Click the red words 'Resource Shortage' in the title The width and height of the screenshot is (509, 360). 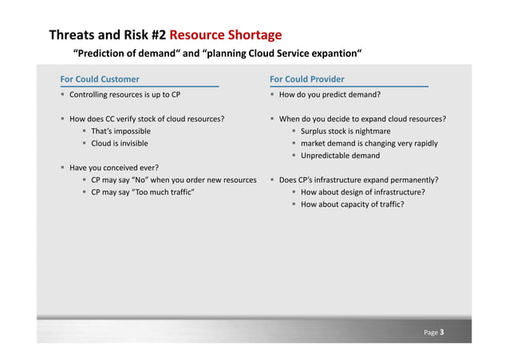pyautogui.click(x=225, y=35)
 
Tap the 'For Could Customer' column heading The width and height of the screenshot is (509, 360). pyautogui.click(x=100, y=79)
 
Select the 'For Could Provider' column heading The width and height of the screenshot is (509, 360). pyautogui.click(x=307, y=79)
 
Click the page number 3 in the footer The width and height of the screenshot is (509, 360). pyautogui.click(x=442, y=331)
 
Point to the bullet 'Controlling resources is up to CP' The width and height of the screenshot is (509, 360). pyautogui.click(x=124, y=94)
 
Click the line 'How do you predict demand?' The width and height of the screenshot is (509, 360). pyautogui.click(x=329, y=94)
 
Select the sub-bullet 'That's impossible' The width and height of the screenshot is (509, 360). pyautogui.click(x=120, y=131)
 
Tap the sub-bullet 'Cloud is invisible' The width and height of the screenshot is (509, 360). pyautogui.click(x=119, y=144)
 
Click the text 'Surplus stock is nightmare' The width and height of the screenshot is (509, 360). pyautogui.click(x=345, y=131)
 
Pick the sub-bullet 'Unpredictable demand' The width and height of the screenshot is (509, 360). pyautogui.click(x=340, y=156)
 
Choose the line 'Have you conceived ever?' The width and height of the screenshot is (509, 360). pyautogui.click(x=114, y=168)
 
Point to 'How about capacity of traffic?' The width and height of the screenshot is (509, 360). pyautogui.click(x=352, y=204)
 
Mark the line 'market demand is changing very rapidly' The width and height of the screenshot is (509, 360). pyautogui.click(x=369, y=144)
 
